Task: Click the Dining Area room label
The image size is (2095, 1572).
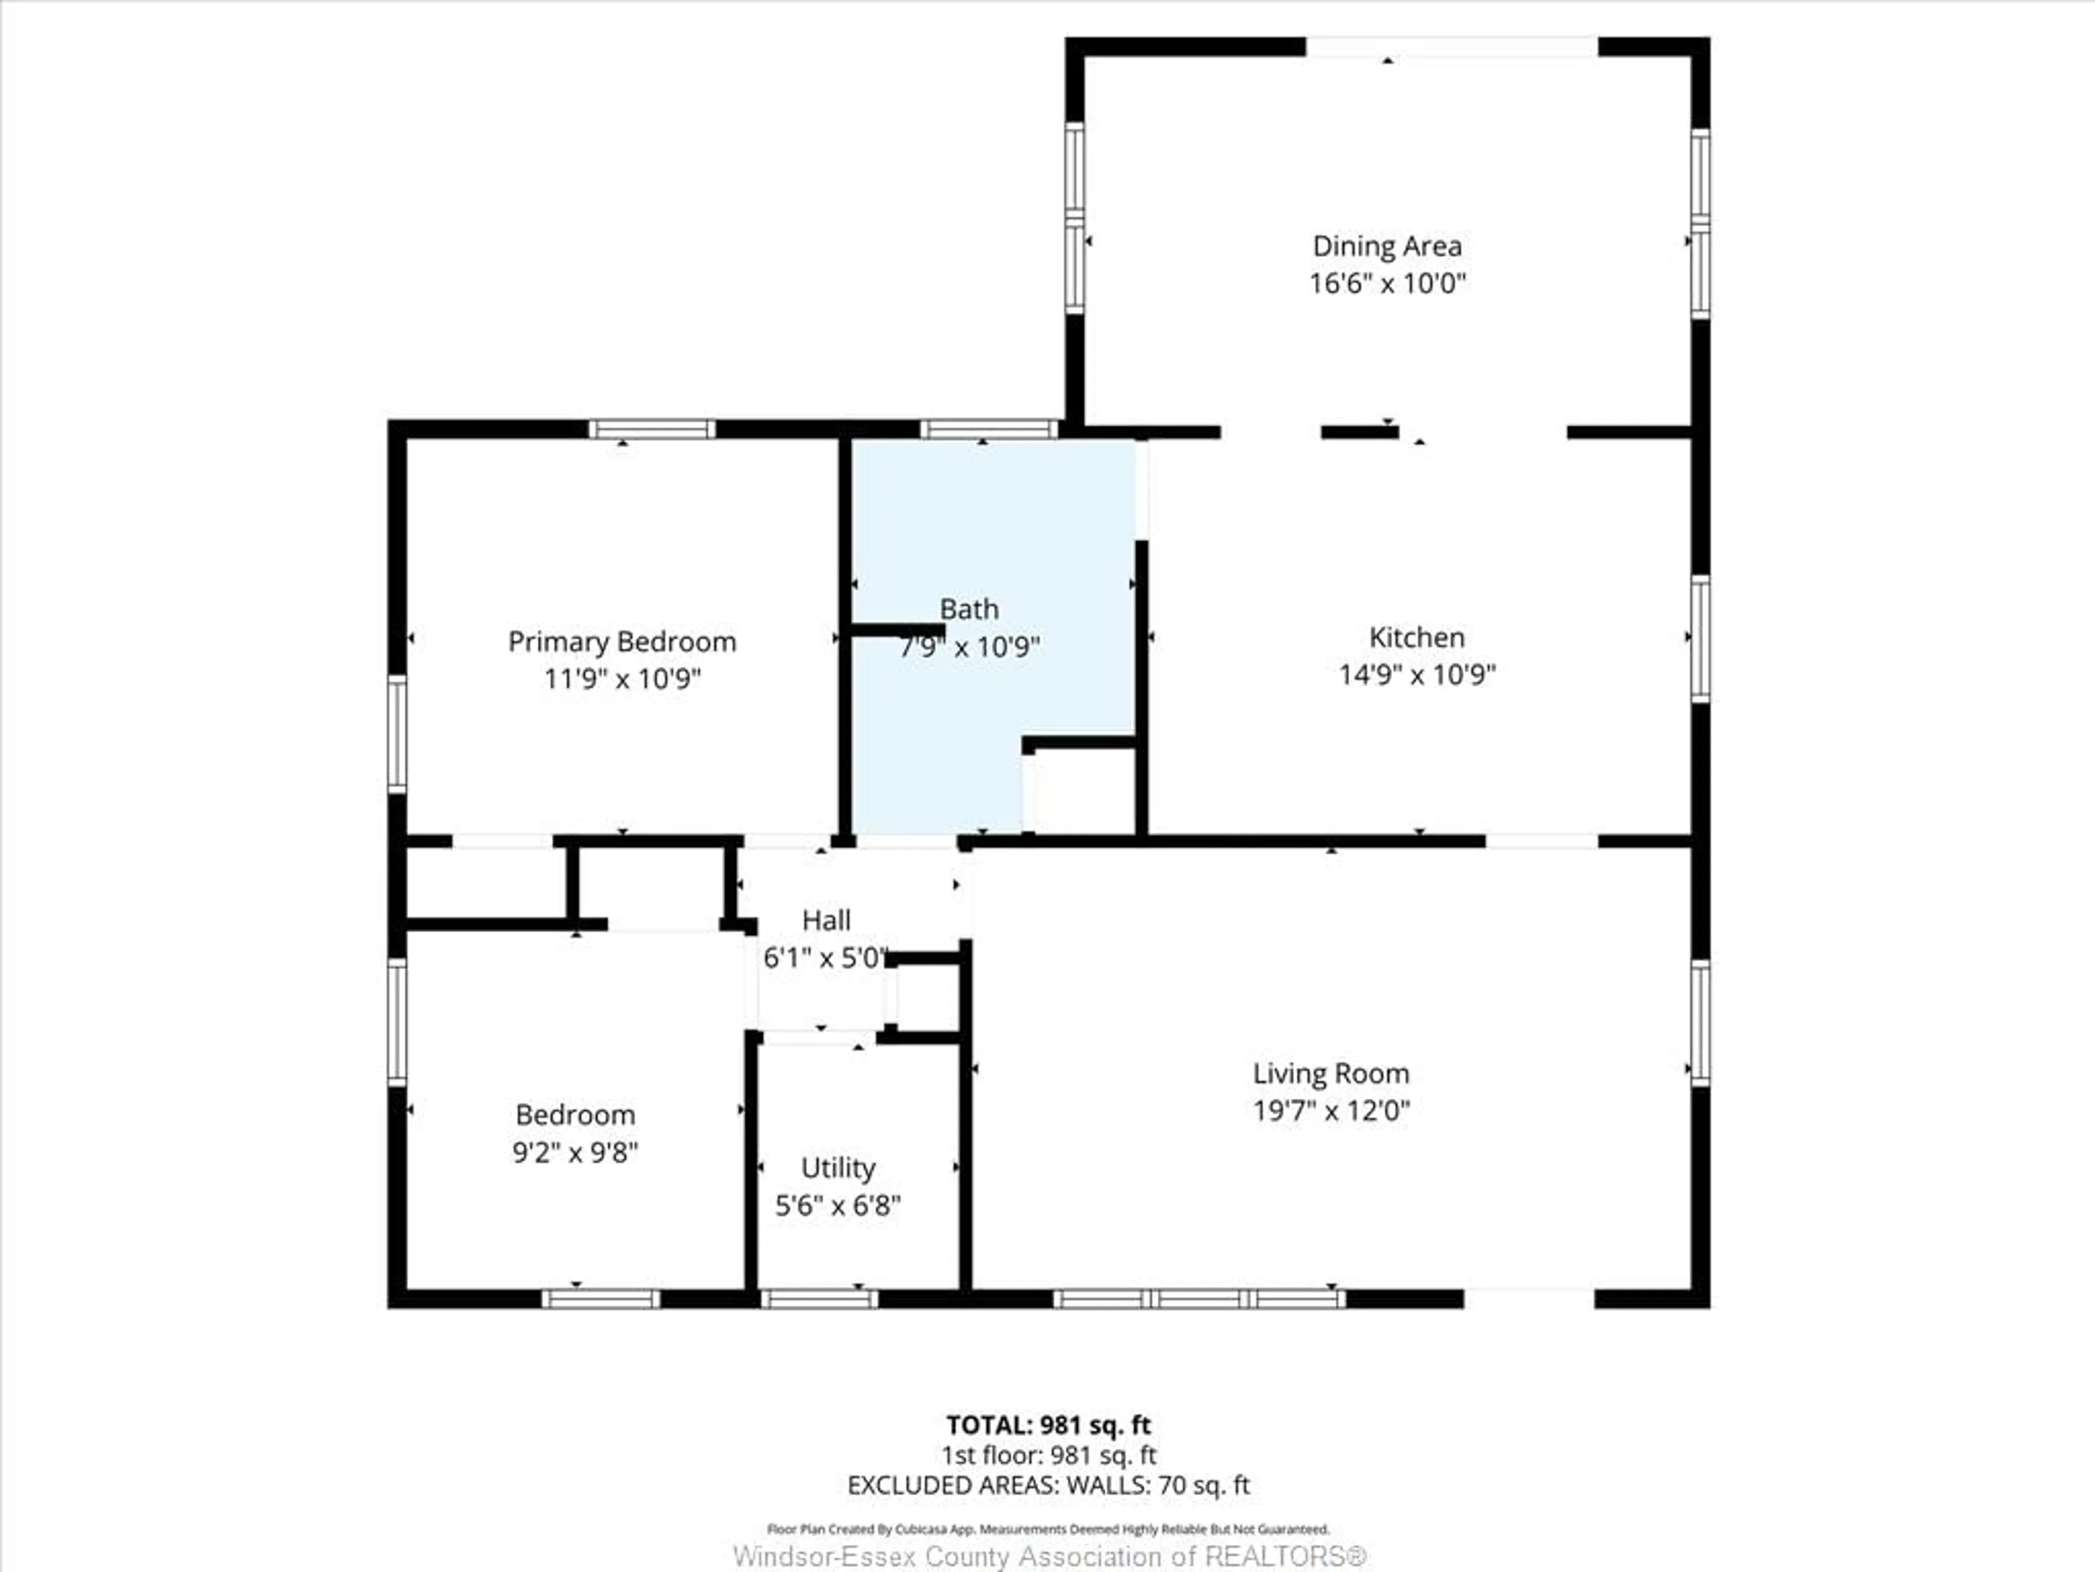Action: pos(1386,246)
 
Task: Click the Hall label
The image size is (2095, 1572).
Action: pos(826,920)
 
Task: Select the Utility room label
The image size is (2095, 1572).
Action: pos(837,1168)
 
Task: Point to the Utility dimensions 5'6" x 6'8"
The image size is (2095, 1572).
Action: pos(837,1205)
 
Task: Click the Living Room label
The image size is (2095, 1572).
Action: pos(1331,1074)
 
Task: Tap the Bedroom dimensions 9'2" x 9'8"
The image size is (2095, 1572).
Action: pos(575,1152)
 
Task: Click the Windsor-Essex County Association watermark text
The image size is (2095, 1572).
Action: pos(1049,1557)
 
